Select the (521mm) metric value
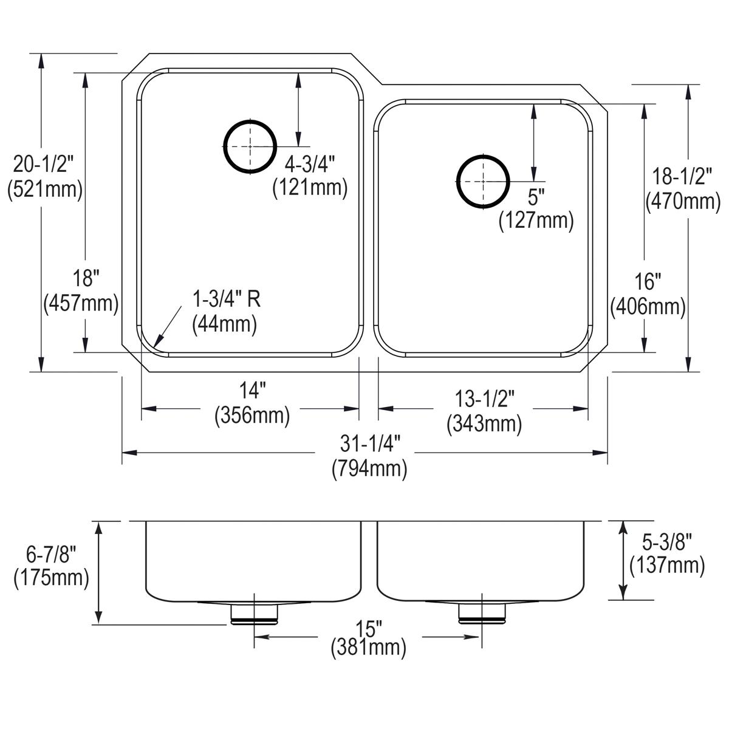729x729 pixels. pos(44,190)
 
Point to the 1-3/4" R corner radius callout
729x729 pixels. pos(227,299)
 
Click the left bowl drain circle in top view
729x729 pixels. pos(250,146)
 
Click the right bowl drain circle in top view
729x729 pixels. pos(482,181)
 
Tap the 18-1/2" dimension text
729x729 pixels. pos(683,176)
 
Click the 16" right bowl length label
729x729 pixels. pos(648,281)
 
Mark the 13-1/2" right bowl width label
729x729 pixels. pos(485,399)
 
